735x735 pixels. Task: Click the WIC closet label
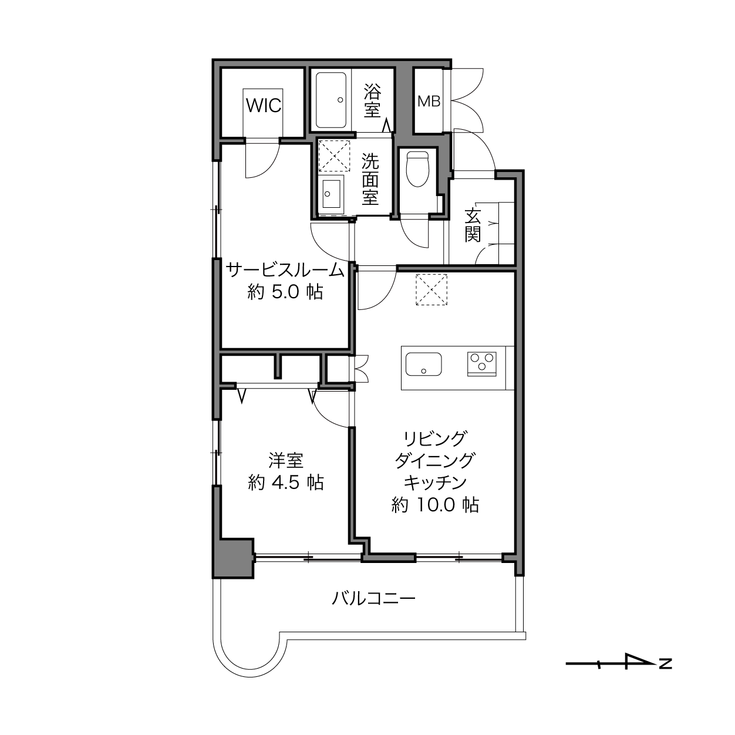coord(264,105)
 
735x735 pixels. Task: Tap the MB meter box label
coord(429,102)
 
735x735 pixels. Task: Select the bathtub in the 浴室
coord(331,100)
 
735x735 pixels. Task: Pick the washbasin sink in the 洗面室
coord(331,193)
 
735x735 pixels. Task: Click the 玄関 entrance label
coord(473,225)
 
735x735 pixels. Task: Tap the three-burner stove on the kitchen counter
coord(482,364)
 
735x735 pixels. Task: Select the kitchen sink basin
coord(424,364)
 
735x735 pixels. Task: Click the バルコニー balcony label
coord(373,598)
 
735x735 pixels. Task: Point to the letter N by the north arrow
coord(665,664)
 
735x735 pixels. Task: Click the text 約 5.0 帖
coord(285,292)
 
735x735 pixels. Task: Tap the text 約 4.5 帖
coord(286,483)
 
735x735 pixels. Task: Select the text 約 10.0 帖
coord(435,505)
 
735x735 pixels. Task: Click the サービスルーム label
coord(285,271)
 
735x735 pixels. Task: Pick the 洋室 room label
coord(286,460)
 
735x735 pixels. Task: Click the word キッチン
coord(435,483)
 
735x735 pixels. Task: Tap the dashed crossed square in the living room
coord(431,289)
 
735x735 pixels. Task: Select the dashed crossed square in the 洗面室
coord(334,156)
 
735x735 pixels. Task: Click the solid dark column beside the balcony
coord(233,558)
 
